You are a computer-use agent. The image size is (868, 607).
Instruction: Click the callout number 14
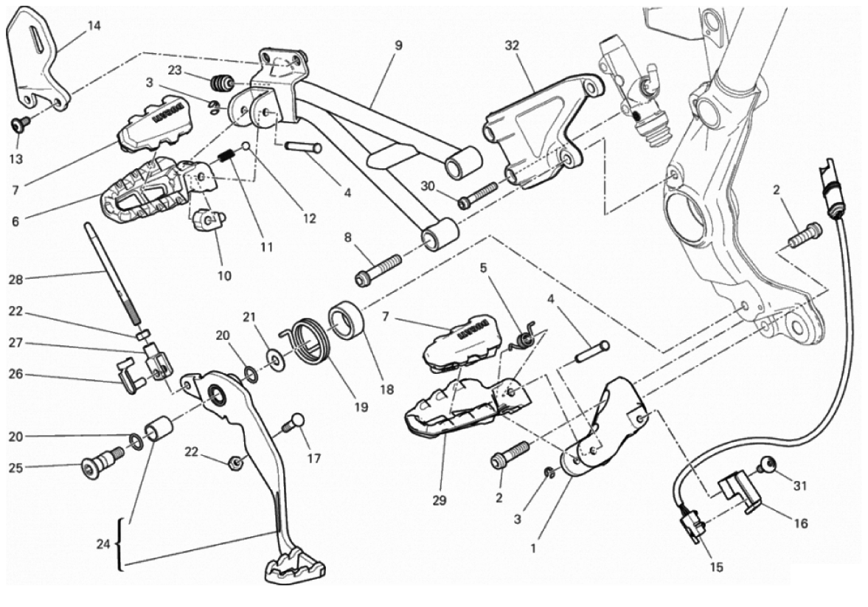point(94,26)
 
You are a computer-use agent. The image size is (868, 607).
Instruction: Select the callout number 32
point(512,45)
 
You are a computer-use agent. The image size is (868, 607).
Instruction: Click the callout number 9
point(398,45)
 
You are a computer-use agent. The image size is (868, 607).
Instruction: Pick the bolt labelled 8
point(378,268)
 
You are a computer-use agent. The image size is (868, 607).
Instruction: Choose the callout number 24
point(103,544)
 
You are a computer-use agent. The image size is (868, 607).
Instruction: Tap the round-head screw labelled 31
point(767,465)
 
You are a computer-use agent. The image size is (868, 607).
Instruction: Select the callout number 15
point(717,568)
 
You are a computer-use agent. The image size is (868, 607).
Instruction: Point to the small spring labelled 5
point(526,337)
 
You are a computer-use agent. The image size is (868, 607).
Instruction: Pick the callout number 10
point(224,276)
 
